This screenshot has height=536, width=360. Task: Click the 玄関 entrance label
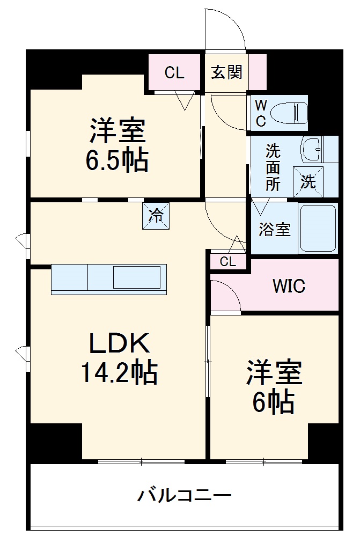pyautogui.click(x=226, y=72)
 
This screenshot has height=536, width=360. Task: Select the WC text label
pyautogui.click(x=260, y=113)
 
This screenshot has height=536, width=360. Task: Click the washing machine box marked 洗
pyautogui.click(x=308, y=182)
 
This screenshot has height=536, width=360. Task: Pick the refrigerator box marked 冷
pyautogui.click(x=156, y=216)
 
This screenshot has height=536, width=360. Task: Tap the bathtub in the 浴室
pyautogui.click(x=318, y=228)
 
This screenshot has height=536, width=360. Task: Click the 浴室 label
pyautogui.click(x=275, y=229)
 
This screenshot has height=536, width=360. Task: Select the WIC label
pyautogui.click(x=289, y=286)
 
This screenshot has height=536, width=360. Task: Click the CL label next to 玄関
pyautogui.click(x=174, y=73)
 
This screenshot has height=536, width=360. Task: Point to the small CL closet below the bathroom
pyautogui.click(x=228, y=262)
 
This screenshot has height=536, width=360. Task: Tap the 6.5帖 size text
pyautogui.click(x=116, y=159)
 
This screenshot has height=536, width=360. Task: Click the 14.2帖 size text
pyautogui.click(x=119, y=372)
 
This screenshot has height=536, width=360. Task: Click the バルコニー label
pyautogui.click(x=185, y=494)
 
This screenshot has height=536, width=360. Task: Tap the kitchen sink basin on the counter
pyautogui.click(x=136, y=278)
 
